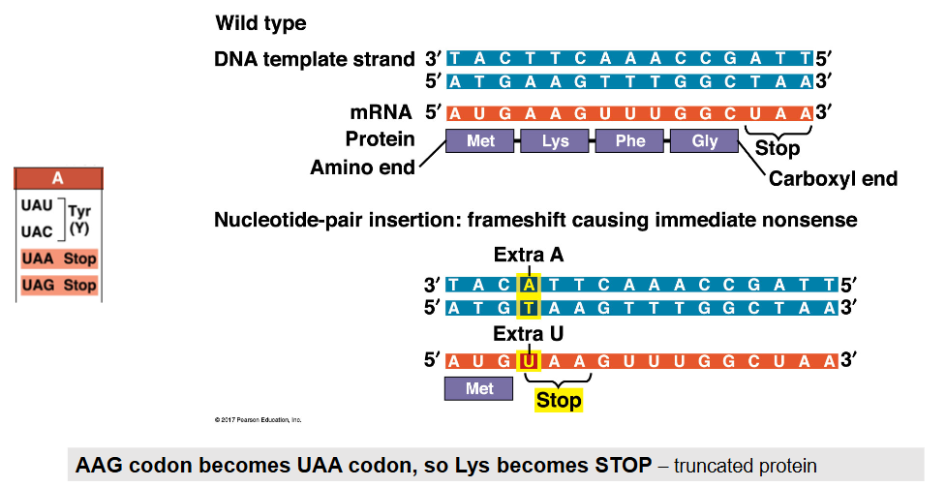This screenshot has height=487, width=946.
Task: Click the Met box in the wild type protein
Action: pyautogui.click(x=480, y=141)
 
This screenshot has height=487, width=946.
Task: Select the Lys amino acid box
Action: pyautogui.click(x=556, y=141)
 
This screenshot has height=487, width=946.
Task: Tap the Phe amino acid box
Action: pyautogui.click(x=630, y=141)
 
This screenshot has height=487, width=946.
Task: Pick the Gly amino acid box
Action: pyautogui.click(x=705, y=141)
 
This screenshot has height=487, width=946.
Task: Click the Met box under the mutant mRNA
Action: pyautogui.click(x=480, y=388)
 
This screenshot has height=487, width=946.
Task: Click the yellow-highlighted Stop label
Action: pyautogui.click(x=559, y=400)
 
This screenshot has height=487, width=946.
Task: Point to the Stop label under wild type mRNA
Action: pyautogui.click(x=778, y=149)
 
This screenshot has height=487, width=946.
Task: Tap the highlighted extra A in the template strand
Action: pyautogui.click(x=528, y=286)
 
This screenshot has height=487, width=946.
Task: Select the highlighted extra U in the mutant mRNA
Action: pyautogui.click(x=528, y=362)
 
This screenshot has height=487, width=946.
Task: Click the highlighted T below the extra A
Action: pyautogui.click(x=528, y=309)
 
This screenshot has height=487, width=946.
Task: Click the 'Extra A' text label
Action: pyautogui.click(x=529, y=256)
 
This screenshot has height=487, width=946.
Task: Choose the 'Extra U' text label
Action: pyautogui.click(x=529, y=334)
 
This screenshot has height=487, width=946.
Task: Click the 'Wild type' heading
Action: pyautogui.click(x=260, y=22)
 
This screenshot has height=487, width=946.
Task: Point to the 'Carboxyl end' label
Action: pyautogui.click(x=833, y=179)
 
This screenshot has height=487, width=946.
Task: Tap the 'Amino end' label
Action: pyautogui.click(x=362, y=167)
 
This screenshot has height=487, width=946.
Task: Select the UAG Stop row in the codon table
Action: pyautogui.click(x=58, y=286)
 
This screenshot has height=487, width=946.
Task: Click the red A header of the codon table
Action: pyautogui.click(x=58, y=178)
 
